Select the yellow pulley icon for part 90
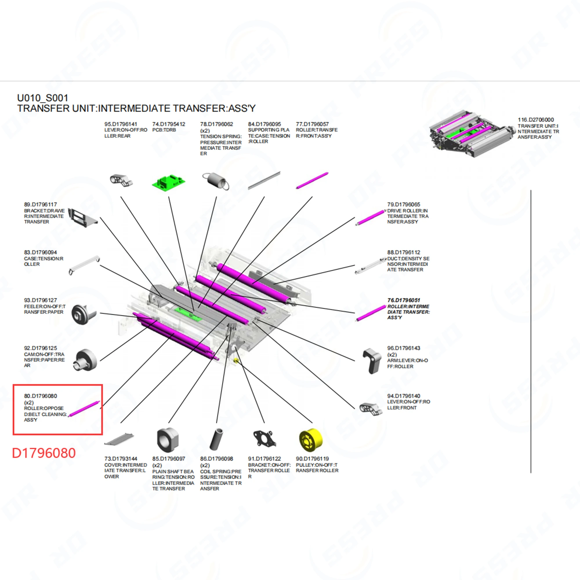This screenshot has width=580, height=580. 311,440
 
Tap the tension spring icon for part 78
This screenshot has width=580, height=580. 216,181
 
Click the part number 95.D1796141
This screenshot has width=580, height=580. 121,124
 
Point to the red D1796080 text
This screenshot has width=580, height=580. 44,453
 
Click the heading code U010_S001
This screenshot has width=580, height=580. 43,98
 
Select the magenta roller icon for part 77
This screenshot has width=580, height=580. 312,180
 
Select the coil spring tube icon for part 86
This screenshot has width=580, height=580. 216,439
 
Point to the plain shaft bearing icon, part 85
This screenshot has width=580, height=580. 168,440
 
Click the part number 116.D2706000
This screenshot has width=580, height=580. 536,120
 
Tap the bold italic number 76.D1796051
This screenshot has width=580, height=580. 403,300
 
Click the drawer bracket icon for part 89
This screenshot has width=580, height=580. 82,217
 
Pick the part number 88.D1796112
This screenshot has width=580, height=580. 403,253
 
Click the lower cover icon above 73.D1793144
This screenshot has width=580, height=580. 119,440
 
